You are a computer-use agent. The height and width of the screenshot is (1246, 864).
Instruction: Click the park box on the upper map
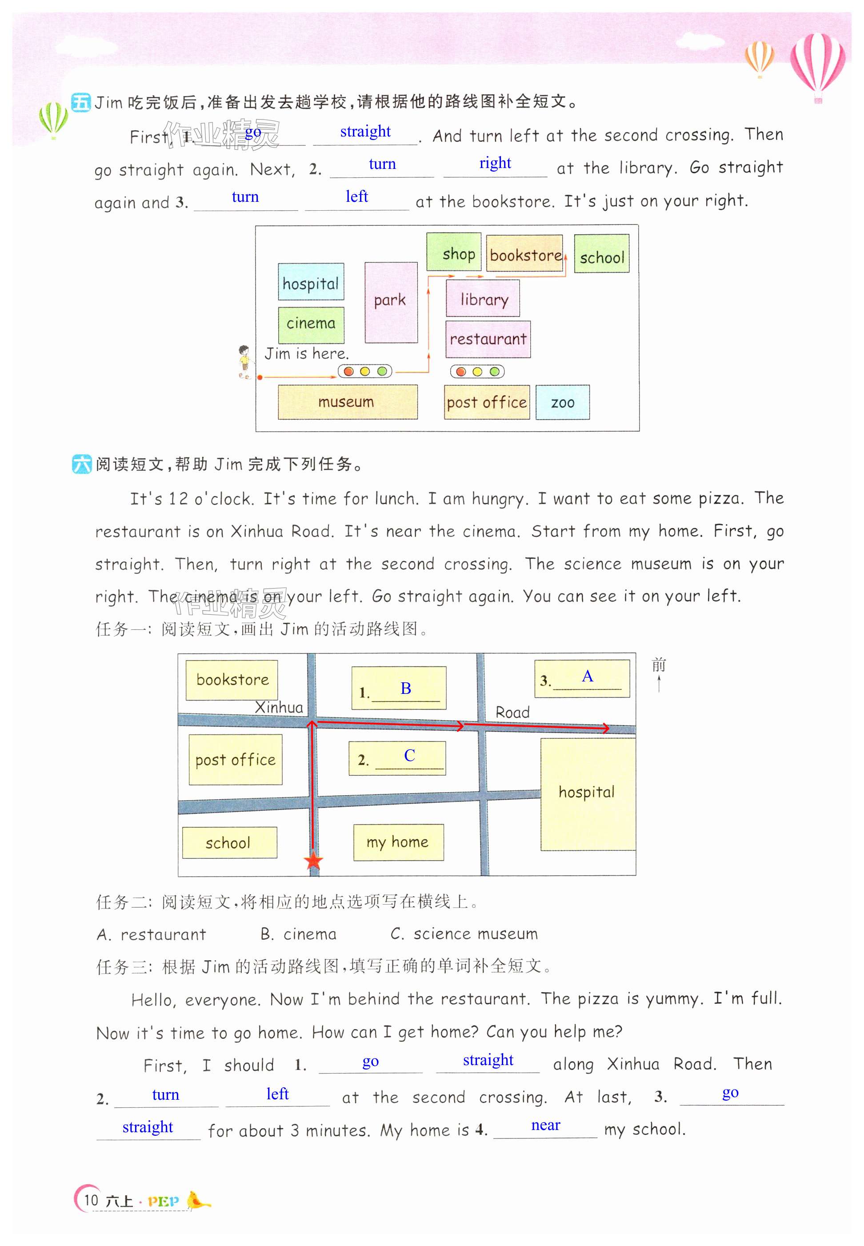tap(390, 302)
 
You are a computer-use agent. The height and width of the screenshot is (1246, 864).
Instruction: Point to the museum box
tap(347, 402)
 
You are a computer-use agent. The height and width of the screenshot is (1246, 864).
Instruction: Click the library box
tap(483, 298)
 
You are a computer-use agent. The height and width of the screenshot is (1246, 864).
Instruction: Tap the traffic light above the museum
tap(365, 372)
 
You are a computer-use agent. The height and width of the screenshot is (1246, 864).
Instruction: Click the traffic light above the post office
tap(477, 372)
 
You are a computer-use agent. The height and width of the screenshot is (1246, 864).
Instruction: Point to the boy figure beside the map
tap(244, 362)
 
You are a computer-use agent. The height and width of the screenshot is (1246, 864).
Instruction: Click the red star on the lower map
tap(313, 861)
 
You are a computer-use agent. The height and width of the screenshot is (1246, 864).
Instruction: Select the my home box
tap(398, 842)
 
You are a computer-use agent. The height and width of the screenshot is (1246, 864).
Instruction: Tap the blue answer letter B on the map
tap(405, 688)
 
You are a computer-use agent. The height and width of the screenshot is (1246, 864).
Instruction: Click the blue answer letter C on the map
tap(409, 755)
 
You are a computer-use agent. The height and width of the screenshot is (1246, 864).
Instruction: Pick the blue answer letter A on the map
tap(588, 676)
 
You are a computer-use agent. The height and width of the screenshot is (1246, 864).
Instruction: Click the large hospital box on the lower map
tap(588, 793)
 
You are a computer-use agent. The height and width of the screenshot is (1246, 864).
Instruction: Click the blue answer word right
tap(495, 163)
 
